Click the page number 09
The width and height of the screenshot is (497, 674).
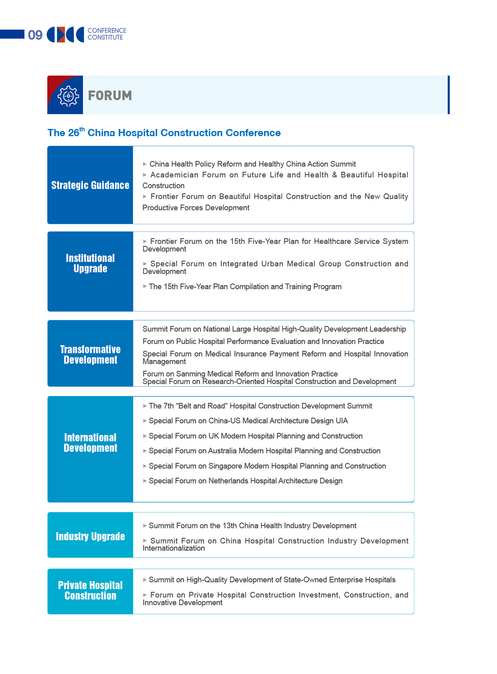pyautogui.click(x=35, y=35)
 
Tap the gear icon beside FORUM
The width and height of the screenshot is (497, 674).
pyautogui.click(x=68, y=96)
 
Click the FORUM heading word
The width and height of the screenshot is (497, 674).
pyautogui.click(x=110, y=96)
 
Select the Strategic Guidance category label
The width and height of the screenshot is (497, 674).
pyautogui.click(x=90, y=185)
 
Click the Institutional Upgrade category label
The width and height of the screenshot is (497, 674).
pyautogui.click(x=90, y=263)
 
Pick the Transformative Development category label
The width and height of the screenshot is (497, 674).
pyautogui.click(x=90, y=354)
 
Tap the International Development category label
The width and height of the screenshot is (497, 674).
pyautogui.click(x=90, y=443)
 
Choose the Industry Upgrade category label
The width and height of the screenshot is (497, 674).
pyautogui.click(x=90, y=536)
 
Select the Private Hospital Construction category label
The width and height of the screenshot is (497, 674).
pyautogui.click(x=90, y=590)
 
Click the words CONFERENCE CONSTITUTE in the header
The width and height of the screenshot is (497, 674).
pyautogui.click(x=107, y=34)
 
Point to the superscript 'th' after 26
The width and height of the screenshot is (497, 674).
pyautogui.click(x=82, y=129)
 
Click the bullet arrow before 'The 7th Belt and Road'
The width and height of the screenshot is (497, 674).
pyautogui.click(x=145, y=406)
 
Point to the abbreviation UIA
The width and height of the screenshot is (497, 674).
pyautogui.click(x=341, y=421)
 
